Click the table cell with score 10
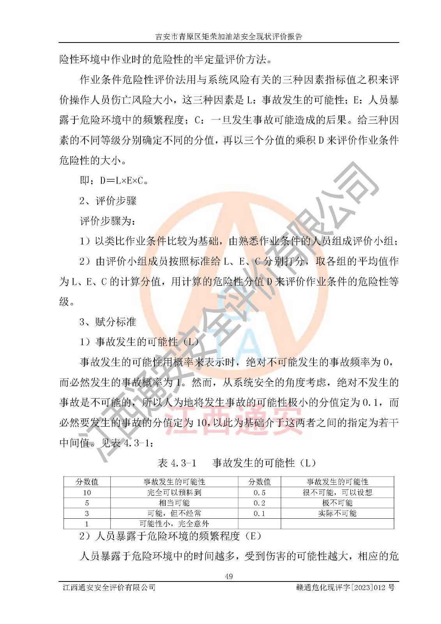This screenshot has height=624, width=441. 87,493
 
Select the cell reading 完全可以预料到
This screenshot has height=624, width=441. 174,493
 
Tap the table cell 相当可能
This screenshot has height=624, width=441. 174,503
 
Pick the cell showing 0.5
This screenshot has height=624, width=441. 259,493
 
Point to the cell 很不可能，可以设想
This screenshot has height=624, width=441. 337,493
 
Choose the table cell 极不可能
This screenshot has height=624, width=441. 337,503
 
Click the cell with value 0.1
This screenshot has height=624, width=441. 259,513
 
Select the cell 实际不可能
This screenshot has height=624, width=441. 337,513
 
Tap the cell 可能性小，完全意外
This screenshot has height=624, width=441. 174,524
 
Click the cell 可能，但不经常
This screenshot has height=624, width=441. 174,513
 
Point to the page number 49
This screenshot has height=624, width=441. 229,576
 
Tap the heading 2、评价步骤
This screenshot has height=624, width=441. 108,201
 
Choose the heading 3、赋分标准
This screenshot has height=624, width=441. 108,322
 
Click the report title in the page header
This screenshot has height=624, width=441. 229,37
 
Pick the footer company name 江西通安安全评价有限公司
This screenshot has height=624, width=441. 109,587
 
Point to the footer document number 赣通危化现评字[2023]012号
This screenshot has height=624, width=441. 345,587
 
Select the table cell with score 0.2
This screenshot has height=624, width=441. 259,503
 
